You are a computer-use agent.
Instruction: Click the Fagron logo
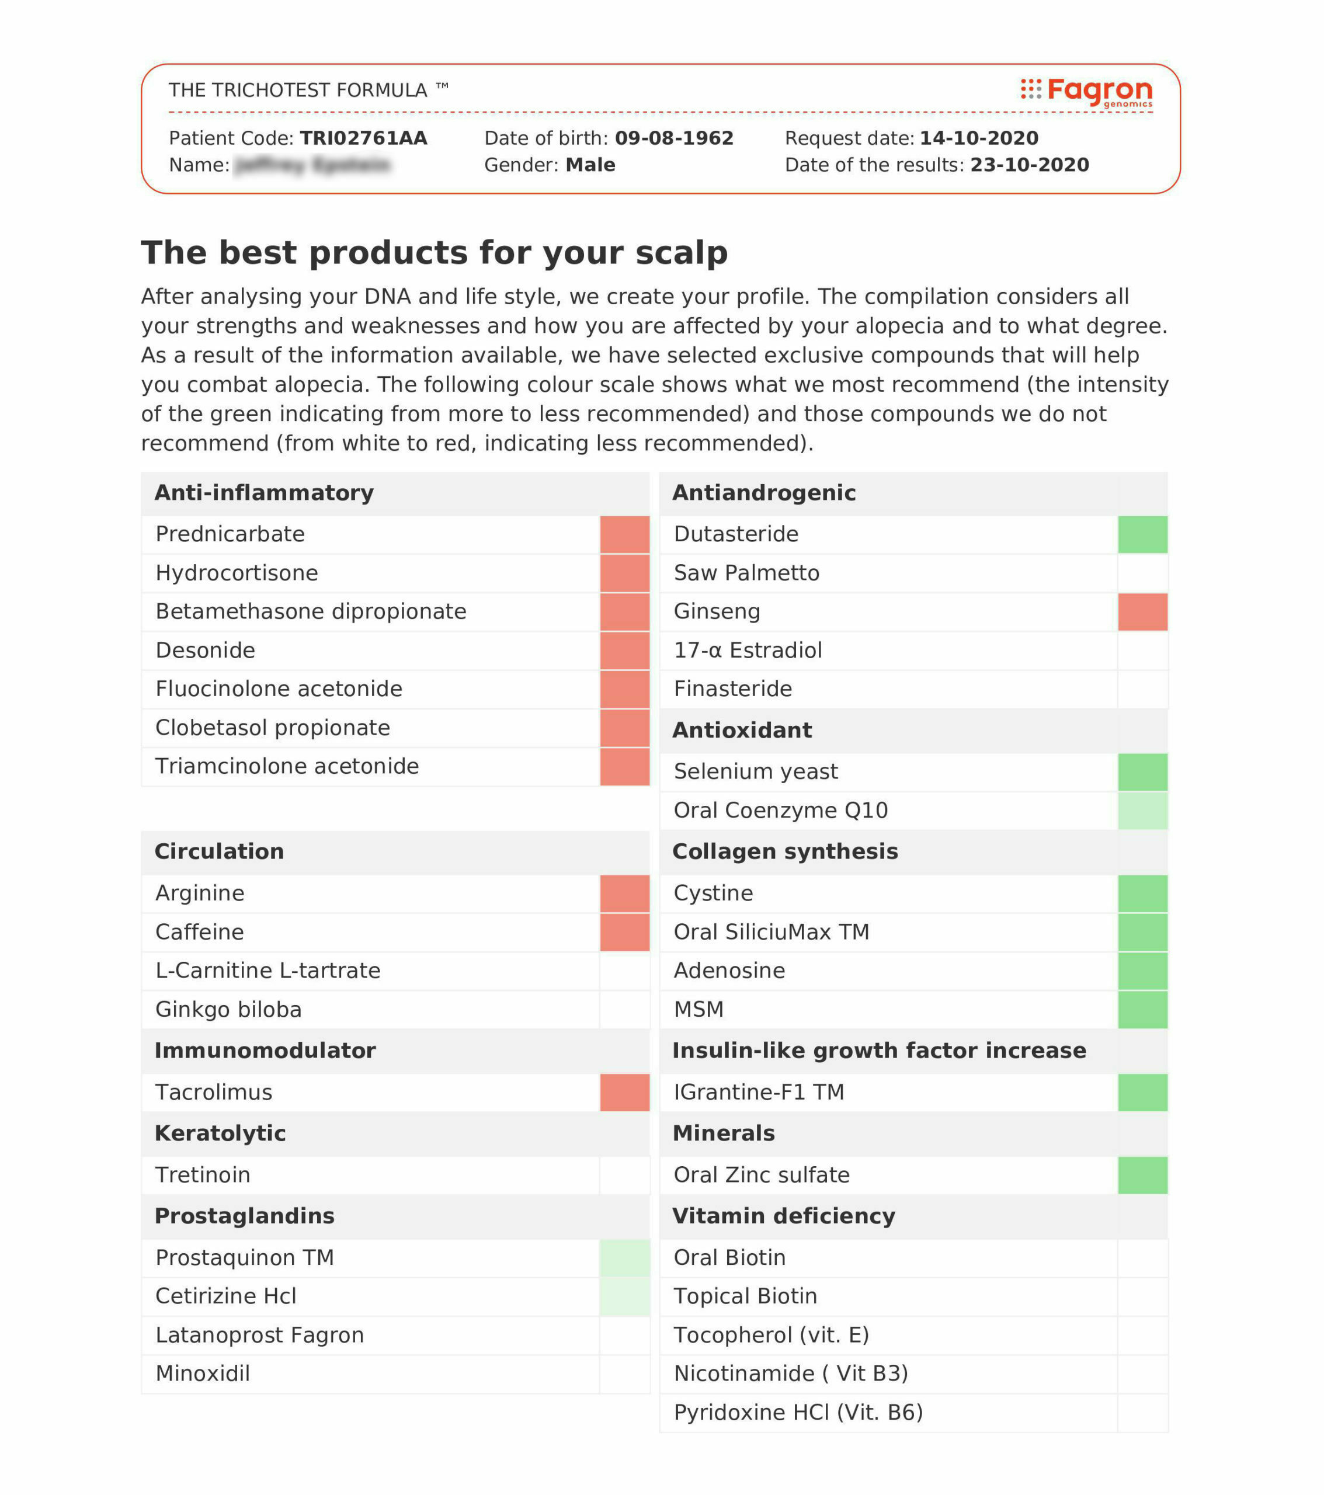click(x=1087, y=92)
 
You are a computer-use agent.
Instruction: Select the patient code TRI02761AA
click(x=363, y=138)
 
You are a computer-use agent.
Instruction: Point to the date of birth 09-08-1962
click(x=674, y=138)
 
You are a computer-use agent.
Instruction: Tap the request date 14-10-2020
click(x=979, y=138)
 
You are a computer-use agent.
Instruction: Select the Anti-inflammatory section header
click(x=264, y=493)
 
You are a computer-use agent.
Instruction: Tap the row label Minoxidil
click(x=203, y=1374)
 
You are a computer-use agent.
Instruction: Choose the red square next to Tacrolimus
click(x=625, y=1093)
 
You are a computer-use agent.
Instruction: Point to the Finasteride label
click(x=732, y=689)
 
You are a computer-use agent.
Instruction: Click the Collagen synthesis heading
click(x=785, y=852)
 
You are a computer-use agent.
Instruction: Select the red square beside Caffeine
click(x=625, y=933)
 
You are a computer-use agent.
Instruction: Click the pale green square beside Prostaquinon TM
click(x=625, y=1258)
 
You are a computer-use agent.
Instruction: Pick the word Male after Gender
click(x=590, y=165)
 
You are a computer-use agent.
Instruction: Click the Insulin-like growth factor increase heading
click(x=879, y=1051)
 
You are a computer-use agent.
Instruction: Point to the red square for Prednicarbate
click(x=625, y=535)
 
